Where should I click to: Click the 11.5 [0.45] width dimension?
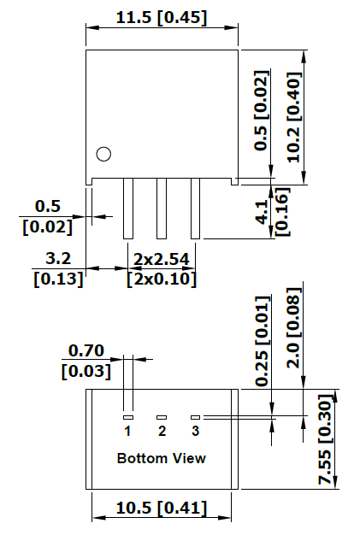[x=162, y=18]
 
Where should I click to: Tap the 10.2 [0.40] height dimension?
[x=294, y=117]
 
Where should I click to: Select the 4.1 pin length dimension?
[x=262, y=212]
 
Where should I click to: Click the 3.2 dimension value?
[x=58, y=258]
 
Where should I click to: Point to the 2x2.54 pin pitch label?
[x=161, y=259]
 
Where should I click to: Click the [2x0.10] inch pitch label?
[x=162, y=279]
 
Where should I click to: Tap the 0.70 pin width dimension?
[x=86, y=350]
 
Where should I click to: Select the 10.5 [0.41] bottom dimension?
[x=162, y=508]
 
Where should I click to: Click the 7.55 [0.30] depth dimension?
[x=325, y=439]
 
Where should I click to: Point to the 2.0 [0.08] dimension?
[x=294, y=328]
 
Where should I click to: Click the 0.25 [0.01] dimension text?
[x=262, y=341]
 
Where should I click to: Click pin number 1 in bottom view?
[x=127, y=431]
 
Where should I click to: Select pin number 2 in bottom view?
[x=162, y=431]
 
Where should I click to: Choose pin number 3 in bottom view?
[x=195, y=431]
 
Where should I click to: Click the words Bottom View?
[x=162, y=458]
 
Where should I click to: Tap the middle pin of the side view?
[x=162, y=209]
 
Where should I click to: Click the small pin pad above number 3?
[x=195, y=417]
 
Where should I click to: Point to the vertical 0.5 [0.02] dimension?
[x=262, y=110]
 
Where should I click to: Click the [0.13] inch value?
[x=58, y=279]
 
